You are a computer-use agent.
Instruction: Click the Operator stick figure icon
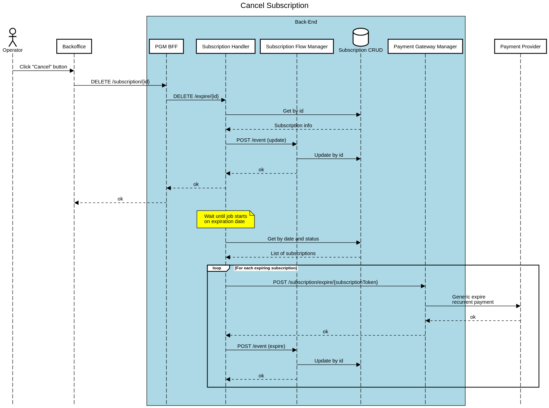[x=13, y=38]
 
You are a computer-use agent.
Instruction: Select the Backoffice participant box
[x=74, y=47]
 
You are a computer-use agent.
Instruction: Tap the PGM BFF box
[x=166, y=47]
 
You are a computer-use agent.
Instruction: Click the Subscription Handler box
[x=226, y=47]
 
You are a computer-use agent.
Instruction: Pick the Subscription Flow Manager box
[x=297, y=47]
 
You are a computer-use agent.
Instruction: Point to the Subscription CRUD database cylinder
[x=361, y=38]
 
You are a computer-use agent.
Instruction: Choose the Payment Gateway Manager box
[x=425, y=47]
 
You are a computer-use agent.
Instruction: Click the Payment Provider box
[x=520, y=47]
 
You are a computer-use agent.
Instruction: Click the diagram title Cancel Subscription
[x=274, y=6]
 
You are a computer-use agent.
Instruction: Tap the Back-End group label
[x=306, y=22]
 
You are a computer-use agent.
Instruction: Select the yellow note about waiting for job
[x=226, y=219]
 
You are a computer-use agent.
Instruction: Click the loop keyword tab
[x=217, y=268]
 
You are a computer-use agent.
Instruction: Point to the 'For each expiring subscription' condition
[x=266, y=268]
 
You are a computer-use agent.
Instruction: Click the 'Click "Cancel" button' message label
[x=43, y=67]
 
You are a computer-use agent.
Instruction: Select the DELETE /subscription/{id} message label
[x=120, y=82]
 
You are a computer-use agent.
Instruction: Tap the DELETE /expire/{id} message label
[x=196, y=96]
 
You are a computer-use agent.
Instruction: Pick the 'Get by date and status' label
[x=293, y=239]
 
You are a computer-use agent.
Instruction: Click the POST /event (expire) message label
[x=261, y=346]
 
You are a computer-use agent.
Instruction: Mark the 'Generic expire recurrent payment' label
[x=473, y=300]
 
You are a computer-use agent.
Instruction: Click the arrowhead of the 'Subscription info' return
[x=228, y=130]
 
